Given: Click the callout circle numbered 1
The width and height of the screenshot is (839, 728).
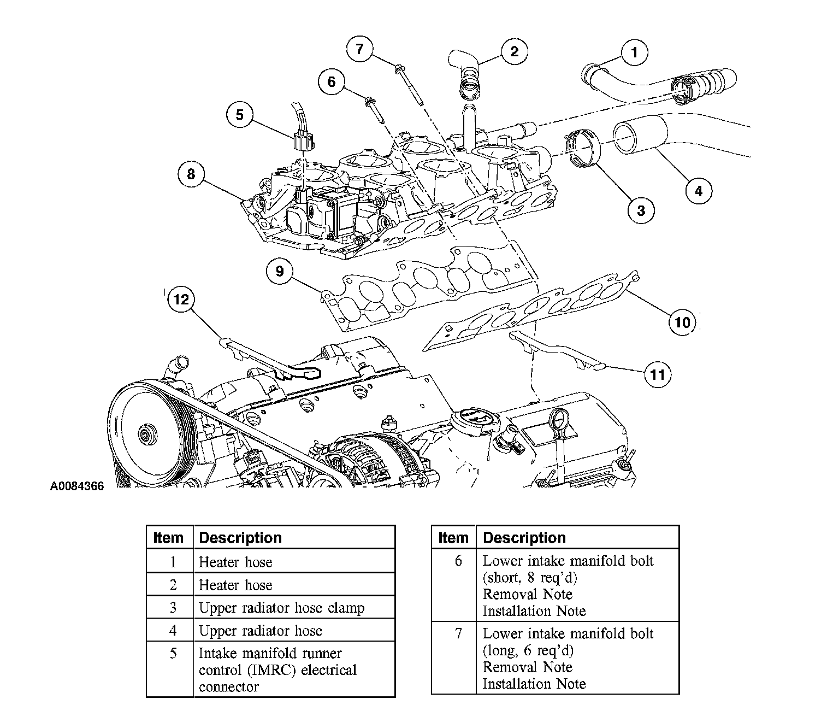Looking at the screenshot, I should [634, 52].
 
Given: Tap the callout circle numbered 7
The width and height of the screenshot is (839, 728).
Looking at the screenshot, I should [359, 49].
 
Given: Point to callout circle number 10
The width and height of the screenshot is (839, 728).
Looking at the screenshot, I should [683, 321].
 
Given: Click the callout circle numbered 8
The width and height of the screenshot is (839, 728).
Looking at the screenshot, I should [191, 174].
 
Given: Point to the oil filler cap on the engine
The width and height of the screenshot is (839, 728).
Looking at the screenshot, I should [469, 419].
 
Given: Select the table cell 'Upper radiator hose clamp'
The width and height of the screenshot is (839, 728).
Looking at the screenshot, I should [281, 608].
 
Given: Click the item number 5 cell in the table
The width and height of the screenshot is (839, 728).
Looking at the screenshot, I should [173, 654].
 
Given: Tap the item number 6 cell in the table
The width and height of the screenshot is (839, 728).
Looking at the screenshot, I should [458, 561].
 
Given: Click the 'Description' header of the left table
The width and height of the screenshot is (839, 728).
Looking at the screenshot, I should [240, 538].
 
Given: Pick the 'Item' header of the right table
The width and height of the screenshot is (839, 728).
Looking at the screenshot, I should [453, 538].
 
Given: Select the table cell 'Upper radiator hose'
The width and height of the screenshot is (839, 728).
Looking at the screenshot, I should [261, 631].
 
